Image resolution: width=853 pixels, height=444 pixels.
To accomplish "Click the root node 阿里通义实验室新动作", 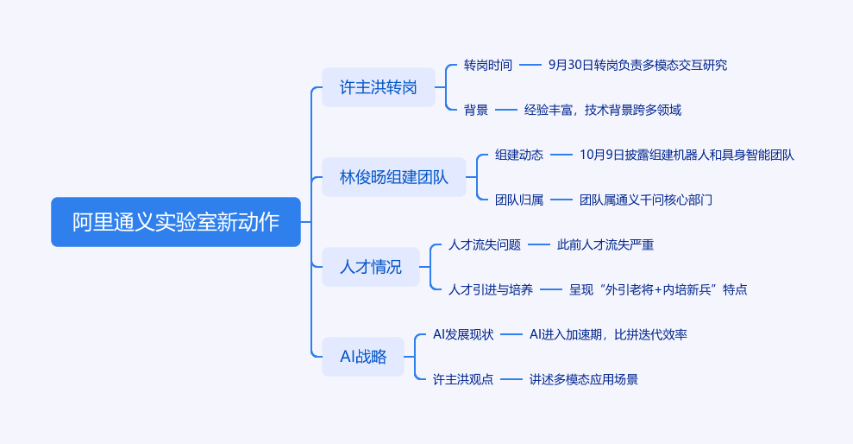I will click(176, 222).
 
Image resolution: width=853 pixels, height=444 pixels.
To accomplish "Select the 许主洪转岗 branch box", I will click(378, 87).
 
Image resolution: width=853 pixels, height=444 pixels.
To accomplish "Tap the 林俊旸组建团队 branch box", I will click(393, 177).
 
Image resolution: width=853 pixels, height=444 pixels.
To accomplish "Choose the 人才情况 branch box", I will click(370, 267).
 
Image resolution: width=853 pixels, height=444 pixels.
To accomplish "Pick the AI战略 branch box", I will click(362, 356).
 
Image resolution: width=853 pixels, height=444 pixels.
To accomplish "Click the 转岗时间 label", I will click(487, 65).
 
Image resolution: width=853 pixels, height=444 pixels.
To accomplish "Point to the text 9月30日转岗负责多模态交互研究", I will click(637, 65).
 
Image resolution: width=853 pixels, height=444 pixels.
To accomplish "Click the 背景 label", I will click(475, 110).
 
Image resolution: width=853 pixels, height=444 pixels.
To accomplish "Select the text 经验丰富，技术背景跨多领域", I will click(603, 110).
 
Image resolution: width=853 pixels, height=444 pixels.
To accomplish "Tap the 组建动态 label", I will click(519, 155).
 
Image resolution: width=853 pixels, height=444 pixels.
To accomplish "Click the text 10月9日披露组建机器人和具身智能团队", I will click(687, 155).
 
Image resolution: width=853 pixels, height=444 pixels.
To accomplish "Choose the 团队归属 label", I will click(519, 200).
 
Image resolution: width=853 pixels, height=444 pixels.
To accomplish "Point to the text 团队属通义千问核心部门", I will click(646, 200).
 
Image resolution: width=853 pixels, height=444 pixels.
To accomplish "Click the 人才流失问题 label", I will click(485, 244).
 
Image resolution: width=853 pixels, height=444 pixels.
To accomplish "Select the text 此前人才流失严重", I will click(605, 244).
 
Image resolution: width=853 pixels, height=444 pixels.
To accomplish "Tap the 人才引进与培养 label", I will click(491, 289).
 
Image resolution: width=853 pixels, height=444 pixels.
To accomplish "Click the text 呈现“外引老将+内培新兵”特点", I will click(658, 289).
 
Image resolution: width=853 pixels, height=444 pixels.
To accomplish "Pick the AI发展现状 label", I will click(463, 334).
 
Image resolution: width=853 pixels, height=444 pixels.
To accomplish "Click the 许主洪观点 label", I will click(463, 379).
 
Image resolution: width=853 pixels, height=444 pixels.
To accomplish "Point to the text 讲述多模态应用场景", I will click(584, 379).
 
